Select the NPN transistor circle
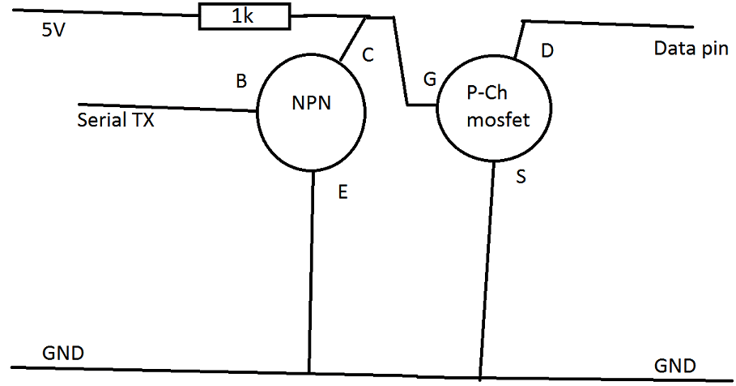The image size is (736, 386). (x=311, y=114)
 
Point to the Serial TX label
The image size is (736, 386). (x=116, y=121)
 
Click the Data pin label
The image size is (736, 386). (x=691, y=49)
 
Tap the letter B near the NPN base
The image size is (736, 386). (x=240, y=81)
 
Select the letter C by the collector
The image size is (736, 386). (x=368, y=55)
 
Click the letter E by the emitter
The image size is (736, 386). (x=342, y=192)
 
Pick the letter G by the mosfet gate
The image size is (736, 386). (x=430, y=79)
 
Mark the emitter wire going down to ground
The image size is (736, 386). (x=312, y=268)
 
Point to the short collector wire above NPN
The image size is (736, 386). (x=352, y=39)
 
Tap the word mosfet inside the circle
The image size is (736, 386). (x=498, y=121)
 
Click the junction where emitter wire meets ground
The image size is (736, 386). (x=310, y=373)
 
